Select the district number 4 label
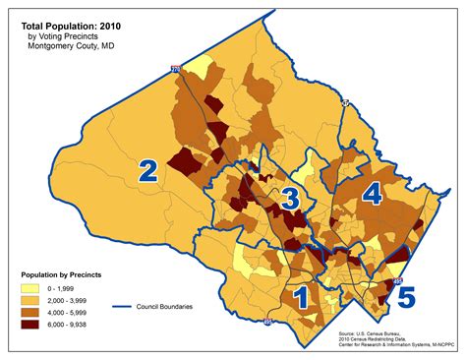371,195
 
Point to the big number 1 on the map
302,295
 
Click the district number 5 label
406,295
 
